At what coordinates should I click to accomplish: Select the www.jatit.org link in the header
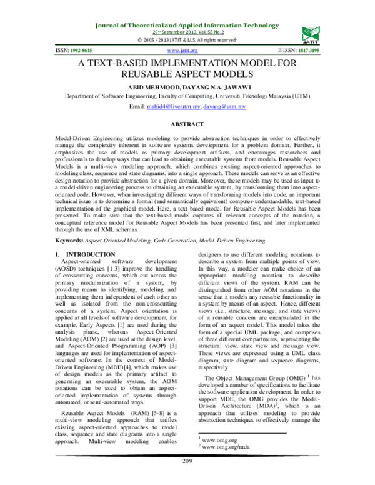[186, 50]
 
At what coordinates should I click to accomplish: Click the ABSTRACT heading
[187, 125]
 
